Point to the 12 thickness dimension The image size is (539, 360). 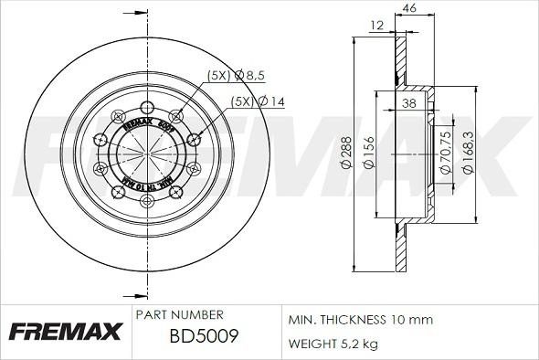click(377, 26)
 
